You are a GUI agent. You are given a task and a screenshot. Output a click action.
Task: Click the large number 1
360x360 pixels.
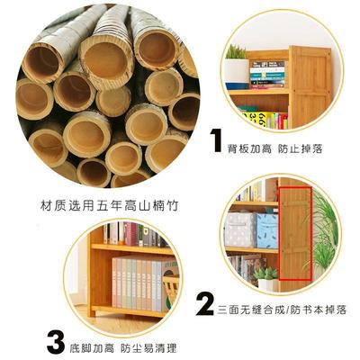click(x=216, y=141)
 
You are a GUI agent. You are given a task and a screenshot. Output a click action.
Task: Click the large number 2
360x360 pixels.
click(x=205, y=300)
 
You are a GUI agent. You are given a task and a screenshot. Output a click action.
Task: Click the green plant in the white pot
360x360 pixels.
click(x=236, y=67)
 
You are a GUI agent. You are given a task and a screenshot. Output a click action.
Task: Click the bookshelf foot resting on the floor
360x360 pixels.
click(x=102, y=317)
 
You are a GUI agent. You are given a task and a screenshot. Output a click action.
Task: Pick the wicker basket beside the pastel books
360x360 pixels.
click(x=171, y=283)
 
